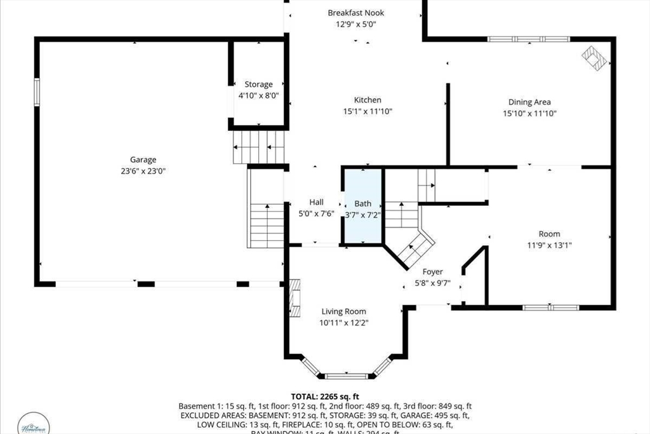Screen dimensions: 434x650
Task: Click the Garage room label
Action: click(143, 159)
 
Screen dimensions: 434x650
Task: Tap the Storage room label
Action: click(258, 84)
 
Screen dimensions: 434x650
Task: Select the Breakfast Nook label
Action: click(355, 13)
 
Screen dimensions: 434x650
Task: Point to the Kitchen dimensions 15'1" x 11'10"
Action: click(368, 111)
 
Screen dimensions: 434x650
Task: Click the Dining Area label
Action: click(529, 102)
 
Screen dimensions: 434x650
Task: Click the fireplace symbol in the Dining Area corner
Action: click(595, 58)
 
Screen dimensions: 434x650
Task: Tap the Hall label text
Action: click(316, 202)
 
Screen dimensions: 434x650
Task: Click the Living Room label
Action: click(343, 311)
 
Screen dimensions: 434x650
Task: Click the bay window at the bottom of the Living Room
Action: click(346, 375)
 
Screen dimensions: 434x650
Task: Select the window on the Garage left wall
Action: click(37, 92)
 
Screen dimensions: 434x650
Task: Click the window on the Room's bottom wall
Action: click(550, 308)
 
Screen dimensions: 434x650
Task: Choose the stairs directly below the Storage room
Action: click(258, 147)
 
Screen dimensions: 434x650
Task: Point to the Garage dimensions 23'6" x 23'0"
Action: click(143, 170)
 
